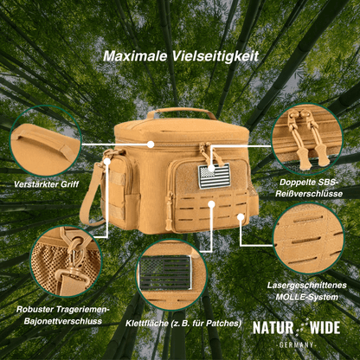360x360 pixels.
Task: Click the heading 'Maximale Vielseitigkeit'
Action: click(x=179, y=55)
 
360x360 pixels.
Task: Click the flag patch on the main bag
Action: click(x=210, y=177)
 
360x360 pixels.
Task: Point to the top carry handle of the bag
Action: click(x=180, y=113)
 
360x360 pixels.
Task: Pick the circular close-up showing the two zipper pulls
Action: click(x=307, y=138)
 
